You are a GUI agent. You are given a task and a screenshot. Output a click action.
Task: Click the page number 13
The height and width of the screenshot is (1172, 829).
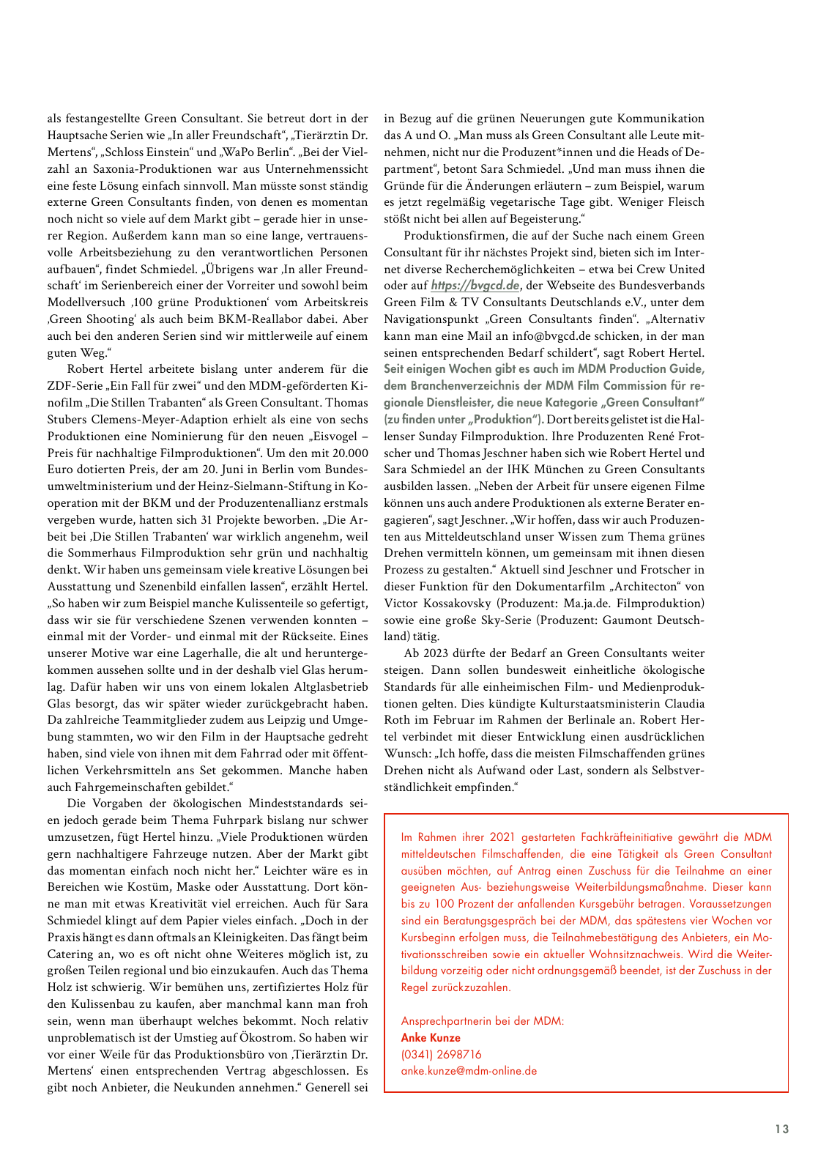(x=782, y=1129)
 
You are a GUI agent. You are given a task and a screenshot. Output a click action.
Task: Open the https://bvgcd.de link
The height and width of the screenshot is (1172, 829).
(x=475, y=286)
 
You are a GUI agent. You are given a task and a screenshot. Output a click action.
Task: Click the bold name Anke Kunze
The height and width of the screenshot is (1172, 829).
(x=431, y=1037)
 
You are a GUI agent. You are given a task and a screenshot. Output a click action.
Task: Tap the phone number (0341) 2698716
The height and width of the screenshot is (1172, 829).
(x=441, y=1054)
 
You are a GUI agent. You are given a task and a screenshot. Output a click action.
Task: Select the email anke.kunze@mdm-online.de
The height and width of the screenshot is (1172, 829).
(x=469, y=1071)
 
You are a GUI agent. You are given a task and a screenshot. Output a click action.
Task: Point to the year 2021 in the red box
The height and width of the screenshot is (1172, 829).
(x=503, y=837)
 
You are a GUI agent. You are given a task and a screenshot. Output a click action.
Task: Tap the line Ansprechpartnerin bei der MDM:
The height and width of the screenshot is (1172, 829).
(x=483, y=1021)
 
